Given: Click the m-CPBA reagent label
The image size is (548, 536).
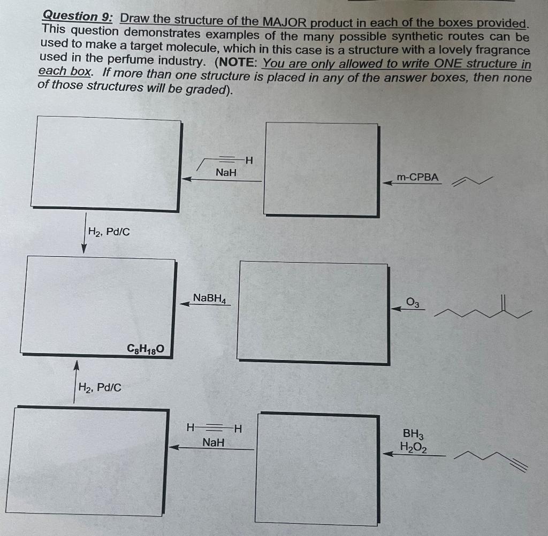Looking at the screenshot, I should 417,177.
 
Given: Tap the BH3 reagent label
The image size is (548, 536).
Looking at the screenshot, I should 413,434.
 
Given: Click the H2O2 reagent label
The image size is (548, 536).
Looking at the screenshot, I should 413,447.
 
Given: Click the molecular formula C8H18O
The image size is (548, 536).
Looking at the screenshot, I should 142,350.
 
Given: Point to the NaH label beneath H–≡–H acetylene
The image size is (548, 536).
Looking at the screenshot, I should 214,442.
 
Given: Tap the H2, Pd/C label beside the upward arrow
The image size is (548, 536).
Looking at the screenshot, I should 100,387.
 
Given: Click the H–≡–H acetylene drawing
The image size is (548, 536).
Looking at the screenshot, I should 214,428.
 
